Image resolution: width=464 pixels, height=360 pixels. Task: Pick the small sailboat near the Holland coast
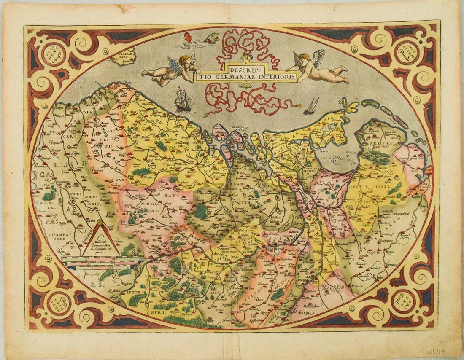pos(312,107)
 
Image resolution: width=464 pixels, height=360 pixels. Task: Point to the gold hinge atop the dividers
pos(100,222)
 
